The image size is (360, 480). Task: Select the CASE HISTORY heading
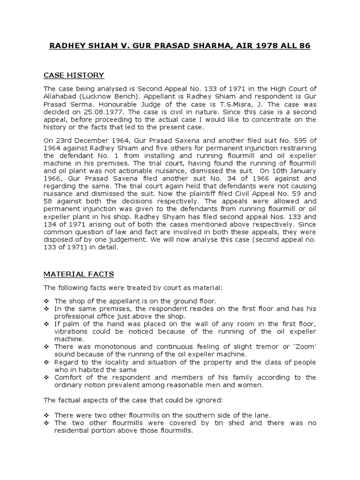pyautogui.click(x=74, y=75)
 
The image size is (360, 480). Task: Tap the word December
pyautogui.click(x=93, y=141)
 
